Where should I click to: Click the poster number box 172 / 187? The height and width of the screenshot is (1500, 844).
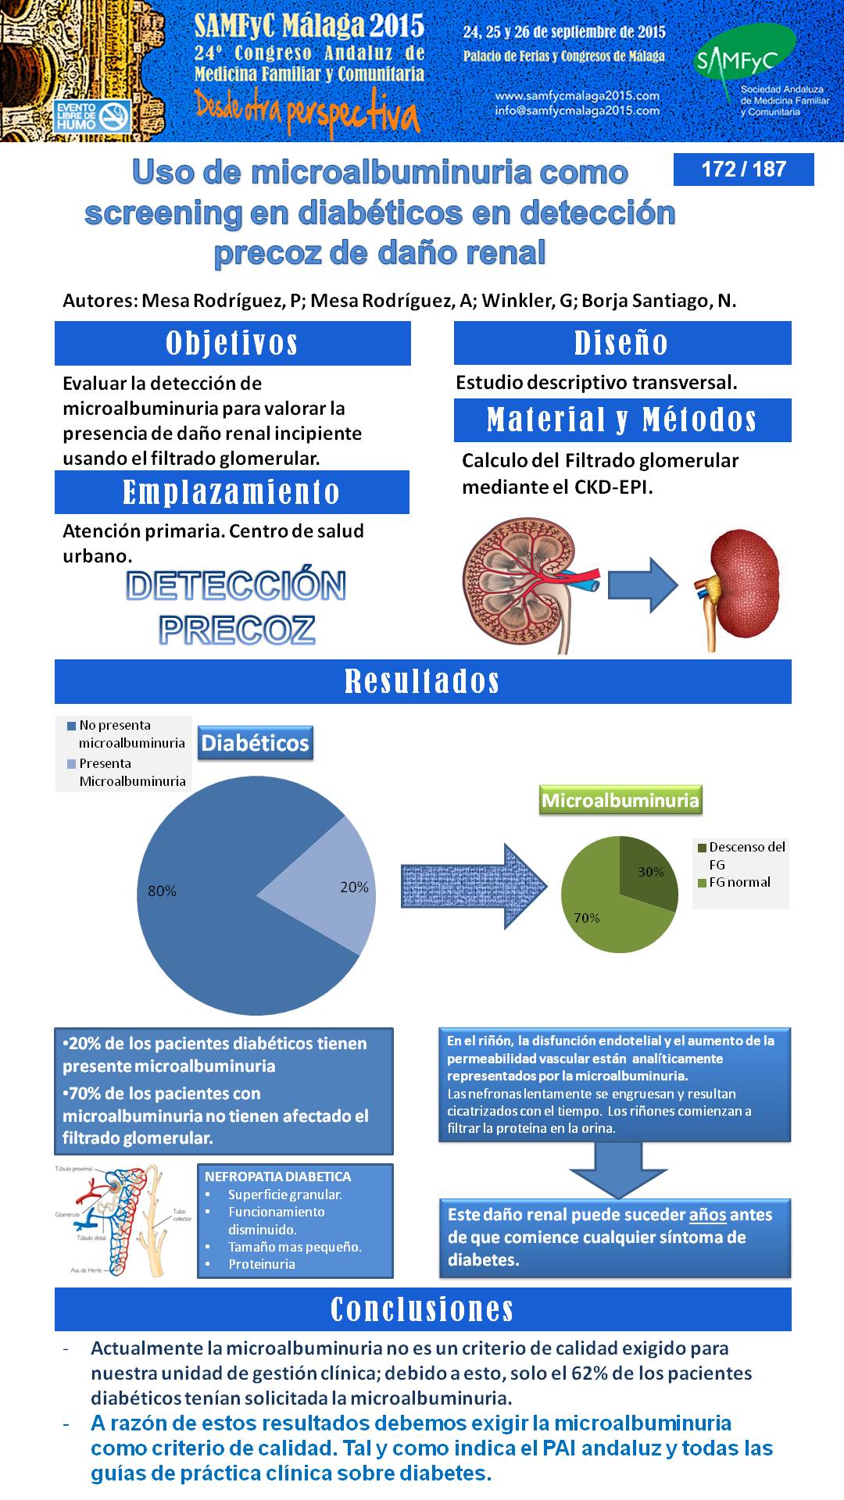743,169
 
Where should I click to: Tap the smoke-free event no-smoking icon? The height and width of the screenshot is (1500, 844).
115,116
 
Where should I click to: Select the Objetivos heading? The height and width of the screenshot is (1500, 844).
232,343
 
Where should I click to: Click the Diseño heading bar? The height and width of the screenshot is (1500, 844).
622,343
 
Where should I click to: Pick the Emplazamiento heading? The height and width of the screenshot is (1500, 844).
231,492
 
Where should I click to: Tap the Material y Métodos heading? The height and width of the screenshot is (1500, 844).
622,420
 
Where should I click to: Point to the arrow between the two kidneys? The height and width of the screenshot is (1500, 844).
643,584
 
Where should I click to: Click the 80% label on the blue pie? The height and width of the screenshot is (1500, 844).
162,891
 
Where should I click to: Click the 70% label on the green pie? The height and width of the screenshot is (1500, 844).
587,918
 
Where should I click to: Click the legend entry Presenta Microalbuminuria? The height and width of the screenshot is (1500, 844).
127,772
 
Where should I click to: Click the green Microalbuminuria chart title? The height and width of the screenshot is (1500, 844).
620,801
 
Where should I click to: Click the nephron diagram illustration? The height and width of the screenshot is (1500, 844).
123,1220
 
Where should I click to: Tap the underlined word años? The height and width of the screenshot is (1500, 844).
707,1215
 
